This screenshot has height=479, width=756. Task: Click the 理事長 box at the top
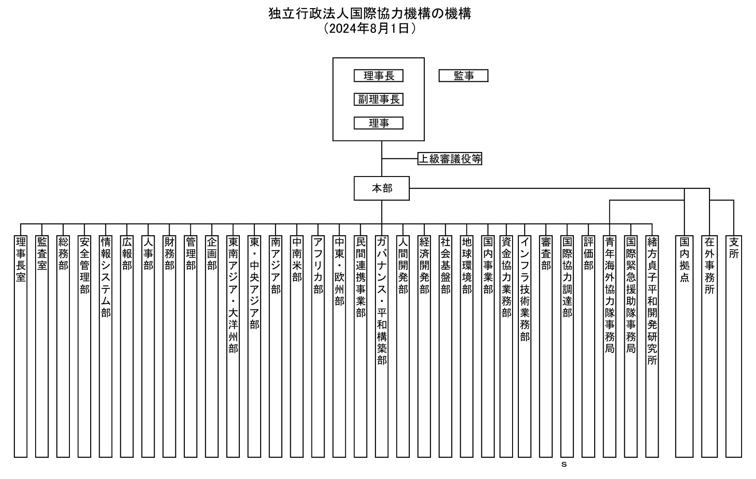pos(378,76)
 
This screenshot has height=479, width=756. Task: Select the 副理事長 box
pos(378,99)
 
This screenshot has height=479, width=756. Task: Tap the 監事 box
pos(463,76)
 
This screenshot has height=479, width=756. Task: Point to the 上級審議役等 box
pos(449,158)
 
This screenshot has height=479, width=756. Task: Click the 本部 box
pos(382,188)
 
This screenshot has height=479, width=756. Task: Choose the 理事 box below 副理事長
pos(378,123)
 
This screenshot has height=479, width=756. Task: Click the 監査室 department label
pos(42,254)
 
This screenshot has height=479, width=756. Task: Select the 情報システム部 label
pos(105,277)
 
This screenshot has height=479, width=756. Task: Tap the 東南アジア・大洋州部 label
pos(233,295)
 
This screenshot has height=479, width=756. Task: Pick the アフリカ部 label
pos(318,265)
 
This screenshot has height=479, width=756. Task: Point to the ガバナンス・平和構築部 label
pos(382,301)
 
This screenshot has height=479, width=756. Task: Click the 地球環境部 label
pos(467,265)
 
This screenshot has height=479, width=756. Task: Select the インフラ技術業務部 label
pos(524,289)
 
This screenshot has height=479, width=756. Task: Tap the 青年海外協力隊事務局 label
pos(609,295)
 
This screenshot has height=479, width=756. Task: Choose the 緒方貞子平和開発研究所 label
pos(652,301)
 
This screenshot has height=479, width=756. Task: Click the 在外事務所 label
pos(710,265)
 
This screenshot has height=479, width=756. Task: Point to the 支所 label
pos(734,248)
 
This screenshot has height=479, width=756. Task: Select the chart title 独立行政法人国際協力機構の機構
pos(370,14)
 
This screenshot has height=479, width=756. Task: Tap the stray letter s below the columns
pos(564,465)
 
